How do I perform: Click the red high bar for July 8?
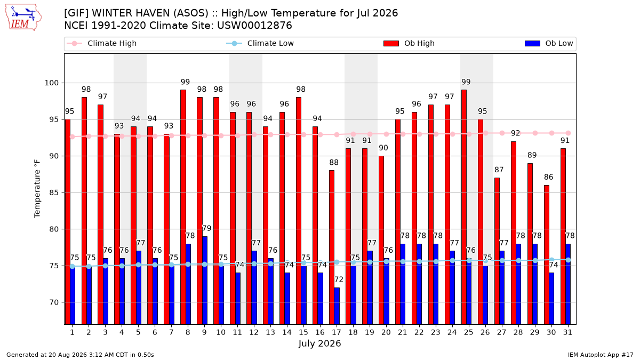tap(183, 207)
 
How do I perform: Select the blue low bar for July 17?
tap(337, 306)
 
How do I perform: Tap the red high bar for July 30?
tap(547, 255)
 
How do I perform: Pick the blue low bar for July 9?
tap(205, 281)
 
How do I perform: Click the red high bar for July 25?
tap(464, 207)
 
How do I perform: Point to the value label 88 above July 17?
tap(334, 163)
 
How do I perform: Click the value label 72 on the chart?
tap(339, 279)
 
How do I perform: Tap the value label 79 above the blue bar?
tap(206, 228)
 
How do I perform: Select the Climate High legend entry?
tap(101, 43)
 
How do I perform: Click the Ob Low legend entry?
tap(549, 43)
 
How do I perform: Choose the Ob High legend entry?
tap(409, 43)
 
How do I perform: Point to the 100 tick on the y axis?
tap(51, 83)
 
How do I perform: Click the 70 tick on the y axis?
tap(54, 302)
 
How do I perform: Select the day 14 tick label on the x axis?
tap(287, 332)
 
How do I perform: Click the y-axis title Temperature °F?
tap(37, 189)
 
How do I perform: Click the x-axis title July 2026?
tap(319, 343)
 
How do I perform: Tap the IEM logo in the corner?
tap(23, 18)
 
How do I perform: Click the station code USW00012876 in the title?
tap(254, 26)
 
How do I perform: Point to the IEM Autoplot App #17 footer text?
tap(601, 355)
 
